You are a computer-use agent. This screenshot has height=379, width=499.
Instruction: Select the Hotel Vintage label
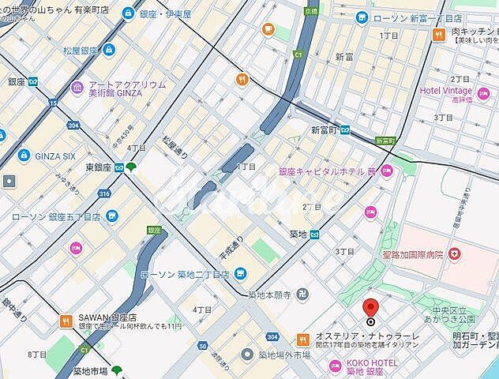coord(446,91)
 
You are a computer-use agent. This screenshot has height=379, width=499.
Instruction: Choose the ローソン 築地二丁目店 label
coord(184,274)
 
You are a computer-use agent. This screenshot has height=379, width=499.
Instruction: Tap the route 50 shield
coord(202,345)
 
